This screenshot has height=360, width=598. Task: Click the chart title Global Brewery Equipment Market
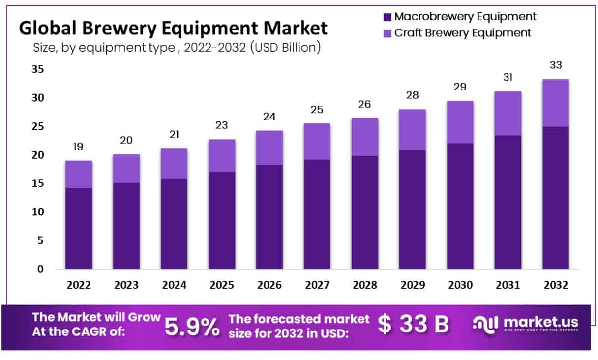[x=173, y=28]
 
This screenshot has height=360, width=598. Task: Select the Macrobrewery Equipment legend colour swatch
[x=388, y=17]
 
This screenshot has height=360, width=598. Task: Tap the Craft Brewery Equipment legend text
[x=463, y=33]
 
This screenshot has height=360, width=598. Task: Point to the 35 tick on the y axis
[x=38, y=70]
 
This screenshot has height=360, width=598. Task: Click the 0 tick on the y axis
[x=41, y=269]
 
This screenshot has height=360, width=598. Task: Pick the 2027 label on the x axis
[x=317, y=285]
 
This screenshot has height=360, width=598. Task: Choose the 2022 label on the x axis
[x=78, y=285]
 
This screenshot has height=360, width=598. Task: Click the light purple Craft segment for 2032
[x=555, y=103]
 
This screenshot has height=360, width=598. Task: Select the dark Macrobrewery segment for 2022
[x=78, y=228]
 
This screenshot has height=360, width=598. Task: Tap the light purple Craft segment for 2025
[x=221, y=155]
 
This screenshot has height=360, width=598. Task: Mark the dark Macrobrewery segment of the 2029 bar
[x=412, y=209]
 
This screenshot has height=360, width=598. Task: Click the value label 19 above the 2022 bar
[x=78, y=147]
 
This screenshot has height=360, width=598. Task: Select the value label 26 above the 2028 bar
[x=364, y=104]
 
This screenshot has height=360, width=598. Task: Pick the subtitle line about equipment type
[x=177, y=48]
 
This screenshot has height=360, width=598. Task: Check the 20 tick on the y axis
[x=38, y=155]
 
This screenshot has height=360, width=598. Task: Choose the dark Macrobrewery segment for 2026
[x=269, y=217]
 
